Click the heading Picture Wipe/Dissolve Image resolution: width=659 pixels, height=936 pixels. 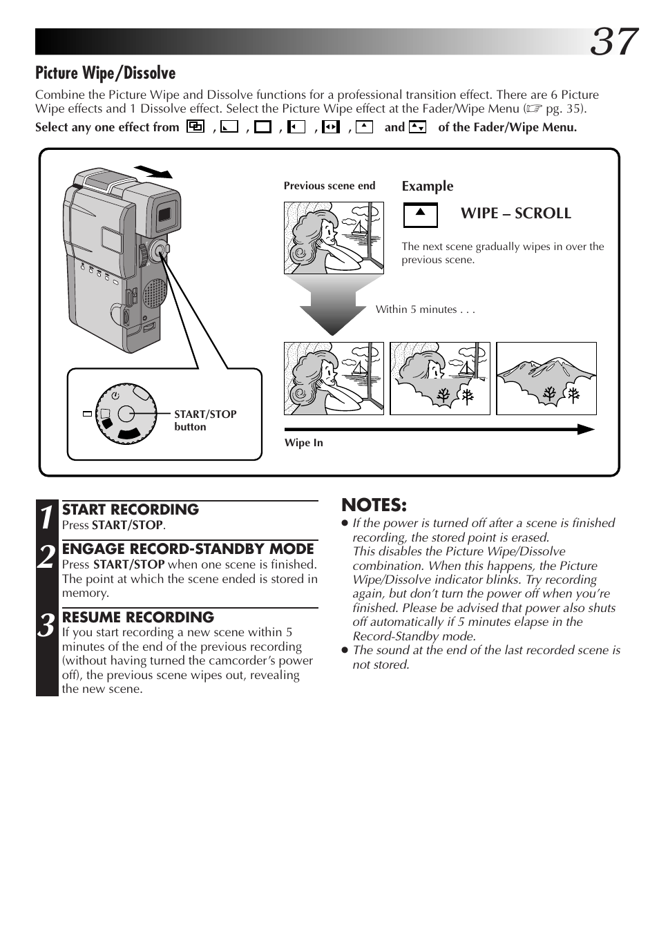[x=106, y=73]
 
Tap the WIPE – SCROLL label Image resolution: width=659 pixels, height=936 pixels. [x=515, y=213]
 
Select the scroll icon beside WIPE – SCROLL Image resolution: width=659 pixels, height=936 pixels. [x=420, y=216]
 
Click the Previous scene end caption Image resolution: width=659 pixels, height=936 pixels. [x=329, y=186]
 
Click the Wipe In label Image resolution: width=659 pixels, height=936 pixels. [x=303, y=443]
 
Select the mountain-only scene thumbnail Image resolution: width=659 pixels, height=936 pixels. [x=546, y=379]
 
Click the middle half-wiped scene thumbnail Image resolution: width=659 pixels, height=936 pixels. [x=439, y=379]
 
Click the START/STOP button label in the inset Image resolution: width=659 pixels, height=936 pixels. [x=204, y=420]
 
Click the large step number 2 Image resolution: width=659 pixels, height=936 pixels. [x=46, y=557]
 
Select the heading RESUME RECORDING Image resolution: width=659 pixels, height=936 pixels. [x=138, y=617]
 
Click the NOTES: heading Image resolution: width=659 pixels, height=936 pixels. [x=374, y=505]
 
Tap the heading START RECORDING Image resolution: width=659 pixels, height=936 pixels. [x=131, y=509]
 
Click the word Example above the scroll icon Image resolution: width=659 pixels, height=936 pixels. [x=428, y=186]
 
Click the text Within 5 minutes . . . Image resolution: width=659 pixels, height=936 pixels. [x=425, y=309]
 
